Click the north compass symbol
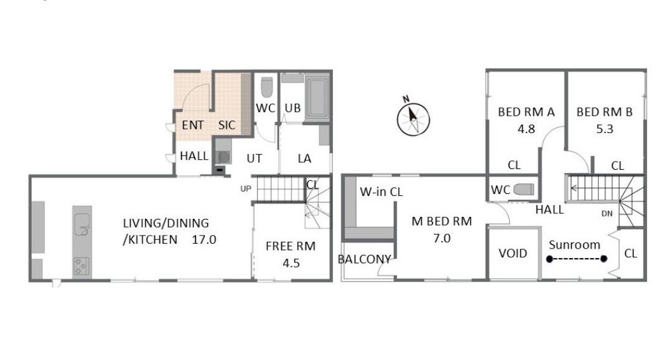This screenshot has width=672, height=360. tap(413, 119)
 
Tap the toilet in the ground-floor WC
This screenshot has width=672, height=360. tap(266, 87)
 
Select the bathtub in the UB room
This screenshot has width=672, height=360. tap(317, 98)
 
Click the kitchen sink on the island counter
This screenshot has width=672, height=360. tap(82, 224)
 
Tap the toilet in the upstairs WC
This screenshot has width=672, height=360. tap(524, 189)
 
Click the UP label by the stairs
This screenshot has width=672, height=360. tap(246, 189)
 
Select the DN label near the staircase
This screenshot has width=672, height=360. tap(607, 214)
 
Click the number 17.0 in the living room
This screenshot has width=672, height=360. tap(204, 239)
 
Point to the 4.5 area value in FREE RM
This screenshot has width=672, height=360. tap(291, 263)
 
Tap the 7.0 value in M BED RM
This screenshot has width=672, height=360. tap(442, 238)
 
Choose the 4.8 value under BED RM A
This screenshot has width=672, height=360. tap(526, 129)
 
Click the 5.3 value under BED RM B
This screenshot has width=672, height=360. tap(605, 129)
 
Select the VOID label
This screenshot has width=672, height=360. tap(513, 254)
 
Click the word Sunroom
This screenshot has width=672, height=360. tap(574, 245)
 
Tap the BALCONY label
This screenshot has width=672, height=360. tap(364, 259)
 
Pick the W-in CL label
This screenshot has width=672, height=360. tap(381, 192)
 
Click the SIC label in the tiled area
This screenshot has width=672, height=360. tap(226, 125)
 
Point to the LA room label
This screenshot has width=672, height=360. tap(304, 159)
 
